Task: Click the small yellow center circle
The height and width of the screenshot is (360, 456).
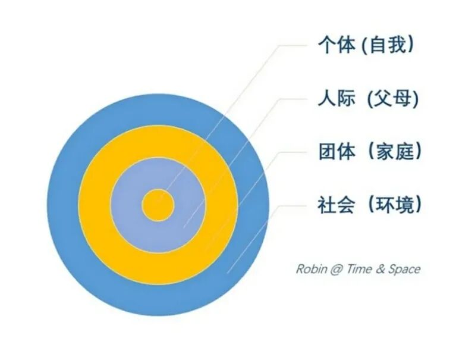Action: point(158,206)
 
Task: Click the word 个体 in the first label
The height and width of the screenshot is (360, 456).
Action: point(337,45)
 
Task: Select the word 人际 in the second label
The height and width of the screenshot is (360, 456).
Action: point(336,99)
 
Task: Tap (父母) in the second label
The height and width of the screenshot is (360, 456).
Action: point(392,99)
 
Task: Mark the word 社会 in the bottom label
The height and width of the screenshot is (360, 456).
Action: point(337,205)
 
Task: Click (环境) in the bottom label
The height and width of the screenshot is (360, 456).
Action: point(395,205)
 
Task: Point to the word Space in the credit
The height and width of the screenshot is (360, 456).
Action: point(404,269)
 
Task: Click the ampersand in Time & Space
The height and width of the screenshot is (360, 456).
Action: point(381,269)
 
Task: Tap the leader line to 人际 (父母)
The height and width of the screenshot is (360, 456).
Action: point(238,155)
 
